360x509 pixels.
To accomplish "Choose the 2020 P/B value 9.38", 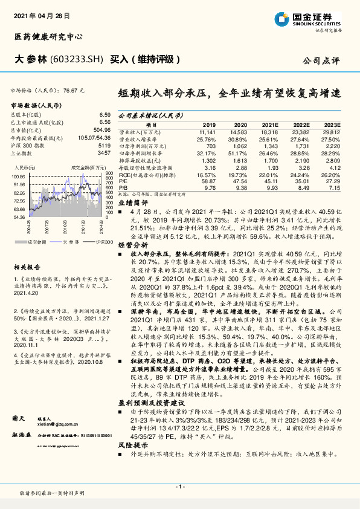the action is tap(239, 187).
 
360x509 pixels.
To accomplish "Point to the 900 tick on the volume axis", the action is tap(109, 173).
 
